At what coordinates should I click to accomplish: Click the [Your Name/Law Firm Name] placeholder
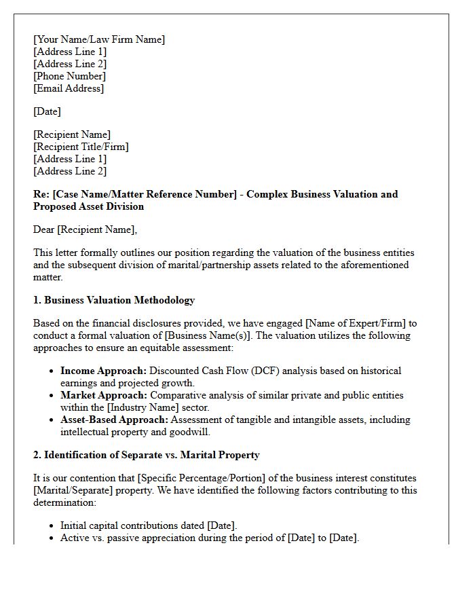coord(99,39)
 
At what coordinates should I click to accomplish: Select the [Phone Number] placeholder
coord(69,76)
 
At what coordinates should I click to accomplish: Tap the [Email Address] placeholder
coord(69,88)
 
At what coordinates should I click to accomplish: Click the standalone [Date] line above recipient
coord(47,111)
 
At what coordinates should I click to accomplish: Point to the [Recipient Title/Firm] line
coord(81,147)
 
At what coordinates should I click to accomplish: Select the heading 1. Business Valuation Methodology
coord(114,300)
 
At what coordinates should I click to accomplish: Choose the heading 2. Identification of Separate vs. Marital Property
coord(147,455)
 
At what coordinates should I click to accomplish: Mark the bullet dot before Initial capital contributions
coord(52,526)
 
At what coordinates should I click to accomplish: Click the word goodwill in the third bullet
coord(190,432)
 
